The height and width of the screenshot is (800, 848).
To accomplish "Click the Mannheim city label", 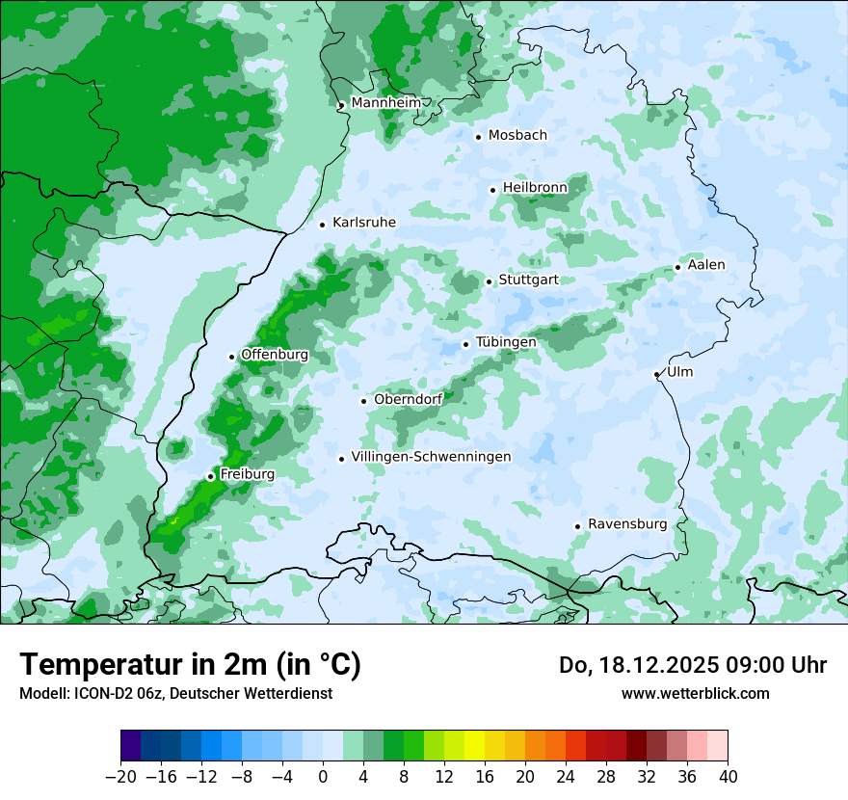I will [x=386, y=102].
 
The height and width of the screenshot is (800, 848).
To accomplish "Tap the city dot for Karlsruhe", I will [x=323, y=225].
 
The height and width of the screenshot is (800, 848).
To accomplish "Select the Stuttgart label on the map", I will [x=528, y=280].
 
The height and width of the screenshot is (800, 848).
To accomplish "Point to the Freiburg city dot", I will [x=211, y=476].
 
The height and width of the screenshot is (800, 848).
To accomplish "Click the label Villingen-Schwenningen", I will [x=431, y=457].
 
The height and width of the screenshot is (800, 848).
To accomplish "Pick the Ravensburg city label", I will [x=626, y=524].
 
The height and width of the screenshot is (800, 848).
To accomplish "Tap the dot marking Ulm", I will [x=657, y=374].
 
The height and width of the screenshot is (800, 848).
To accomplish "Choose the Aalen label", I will [x=706, y=265].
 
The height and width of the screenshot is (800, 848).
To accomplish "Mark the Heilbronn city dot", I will [x=492, y=190].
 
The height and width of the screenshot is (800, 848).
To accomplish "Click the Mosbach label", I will [x=517, y=136].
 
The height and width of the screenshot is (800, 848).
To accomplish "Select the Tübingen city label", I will [x=506, y=342].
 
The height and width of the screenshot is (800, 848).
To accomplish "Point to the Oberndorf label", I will [x=408, y=400].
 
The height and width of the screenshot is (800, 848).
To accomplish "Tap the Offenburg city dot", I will [x=232, y=357].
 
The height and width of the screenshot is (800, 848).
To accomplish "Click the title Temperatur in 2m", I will [x=190, y=664].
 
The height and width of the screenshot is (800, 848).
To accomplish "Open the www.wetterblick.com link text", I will [x=695, y=693].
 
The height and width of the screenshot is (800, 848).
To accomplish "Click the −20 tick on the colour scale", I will [x=121, y=777].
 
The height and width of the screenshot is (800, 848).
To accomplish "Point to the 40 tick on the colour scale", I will [x=728, y=777].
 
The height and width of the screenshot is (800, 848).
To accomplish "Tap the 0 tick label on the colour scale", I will [x=323, y=777].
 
